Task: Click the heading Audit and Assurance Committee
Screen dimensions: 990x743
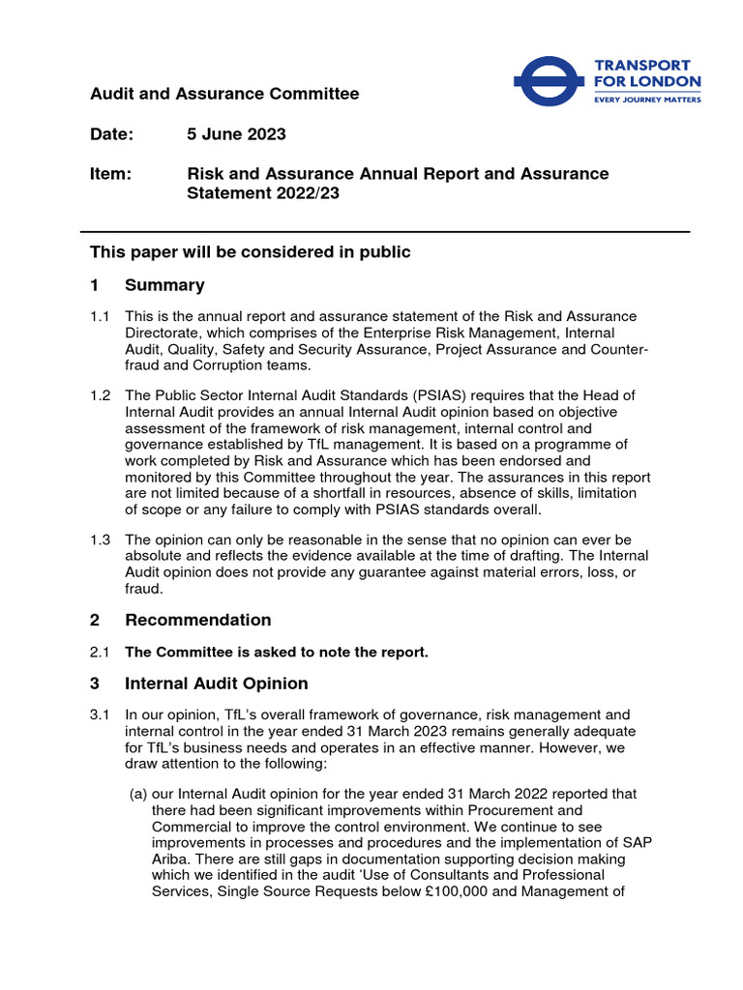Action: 224,94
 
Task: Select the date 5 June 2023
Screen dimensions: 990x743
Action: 236,133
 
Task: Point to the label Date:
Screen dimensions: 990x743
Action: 112,133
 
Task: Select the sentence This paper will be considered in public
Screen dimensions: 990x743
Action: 251,252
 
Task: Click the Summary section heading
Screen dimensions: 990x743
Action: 164,285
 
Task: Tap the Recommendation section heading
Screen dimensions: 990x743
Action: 197,620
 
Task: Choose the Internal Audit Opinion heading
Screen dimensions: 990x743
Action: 216,684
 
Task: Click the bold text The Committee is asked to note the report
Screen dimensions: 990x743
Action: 277,653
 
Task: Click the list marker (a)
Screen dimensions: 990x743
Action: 139,795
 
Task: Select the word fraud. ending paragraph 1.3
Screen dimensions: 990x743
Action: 145,589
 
